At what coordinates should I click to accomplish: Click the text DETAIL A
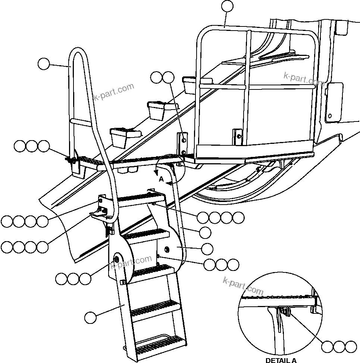pos(281,360)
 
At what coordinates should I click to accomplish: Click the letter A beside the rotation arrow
pos(161,179)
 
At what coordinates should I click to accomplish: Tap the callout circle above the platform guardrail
pos(227,6)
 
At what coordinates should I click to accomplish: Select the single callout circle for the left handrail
pos(44,64)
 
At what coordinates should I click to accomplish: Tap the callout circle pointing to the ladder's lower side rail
pos(90,318)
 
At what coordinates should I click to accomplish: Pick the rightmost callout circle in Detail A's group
pos(351,347)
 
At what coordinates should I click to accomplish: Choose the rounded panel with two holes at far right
pos(334,102)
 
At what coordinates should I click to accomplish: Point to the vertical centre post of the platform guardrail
pos(248,86)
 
